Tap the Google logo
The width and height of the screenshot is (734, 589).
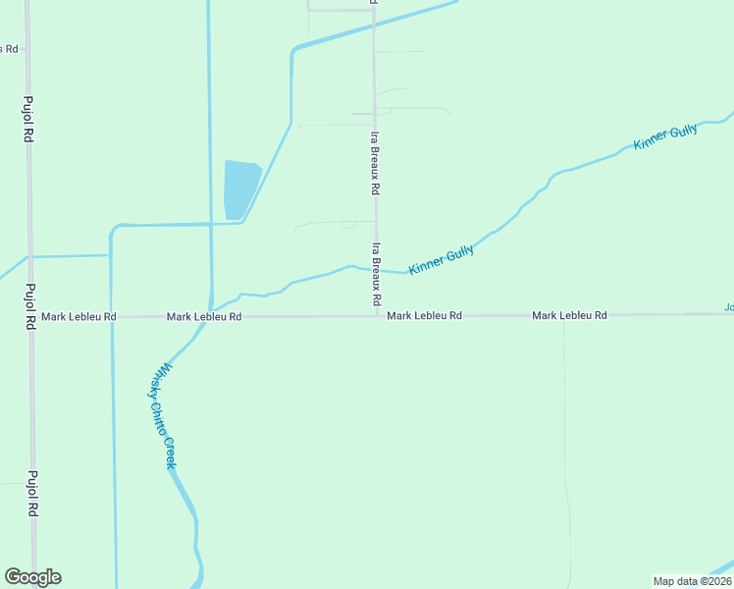point(32,577)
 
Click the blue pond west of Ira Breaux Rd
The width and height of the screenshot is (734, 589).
point(239,188)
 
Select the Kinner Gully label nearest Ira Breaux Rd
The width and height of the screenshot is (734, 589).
point(441,259)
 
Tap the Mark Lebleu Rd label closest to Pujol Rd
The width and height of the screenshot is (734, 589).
point(79,317)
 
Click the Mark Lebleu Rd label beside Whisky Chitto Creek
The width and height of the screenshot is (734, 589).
point(204,317)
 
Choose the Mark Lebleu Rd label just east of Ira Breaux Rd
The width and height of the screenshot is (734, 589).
point(424,316)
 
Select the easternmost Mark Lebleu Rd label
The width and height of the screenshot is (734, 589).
point(569,315)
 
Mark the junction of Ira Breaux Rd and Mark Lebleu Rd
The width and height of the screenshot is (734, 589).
point(375,316)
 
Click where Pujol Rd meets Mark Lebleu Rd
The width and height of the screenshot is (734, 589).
point(31,317)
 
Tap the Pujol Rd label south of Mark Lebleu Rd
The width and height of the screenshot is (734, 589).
point(32,494)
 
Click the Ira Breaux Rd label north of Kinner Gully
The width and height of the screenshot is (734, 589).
point(375,162)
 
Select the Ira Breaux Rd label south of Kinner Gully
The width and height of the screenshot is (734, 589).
point(376,273)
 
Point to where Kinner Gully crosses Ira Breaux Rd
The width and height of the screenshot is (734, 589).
point(375,270)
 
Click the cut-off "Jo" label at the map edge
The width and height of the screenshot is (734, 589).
point(729,307)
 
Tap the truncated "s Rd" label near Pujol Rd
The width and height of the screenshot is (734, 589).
point(10,49)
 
